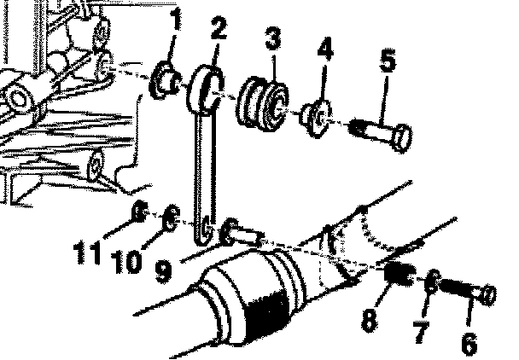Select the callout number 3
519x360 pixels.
coord(272,40)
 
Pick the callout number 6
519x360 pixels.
coord(469,342)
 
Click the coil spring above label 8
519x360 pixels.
coord(397,276)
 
